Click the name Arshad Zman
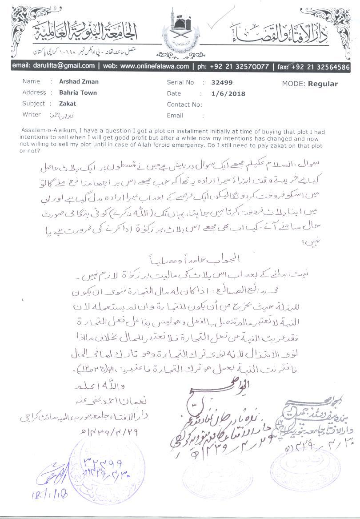pos(79,82)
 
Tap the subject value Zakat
pos(68,103)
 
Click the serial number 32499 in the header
pos(222,82)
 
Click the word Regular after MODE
pos(323,84)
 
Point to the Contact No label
pos(184,105)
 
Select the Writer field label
pos(32,114)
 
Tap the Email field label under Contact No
pos(175,115)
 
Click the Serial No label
pos(180,82)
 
